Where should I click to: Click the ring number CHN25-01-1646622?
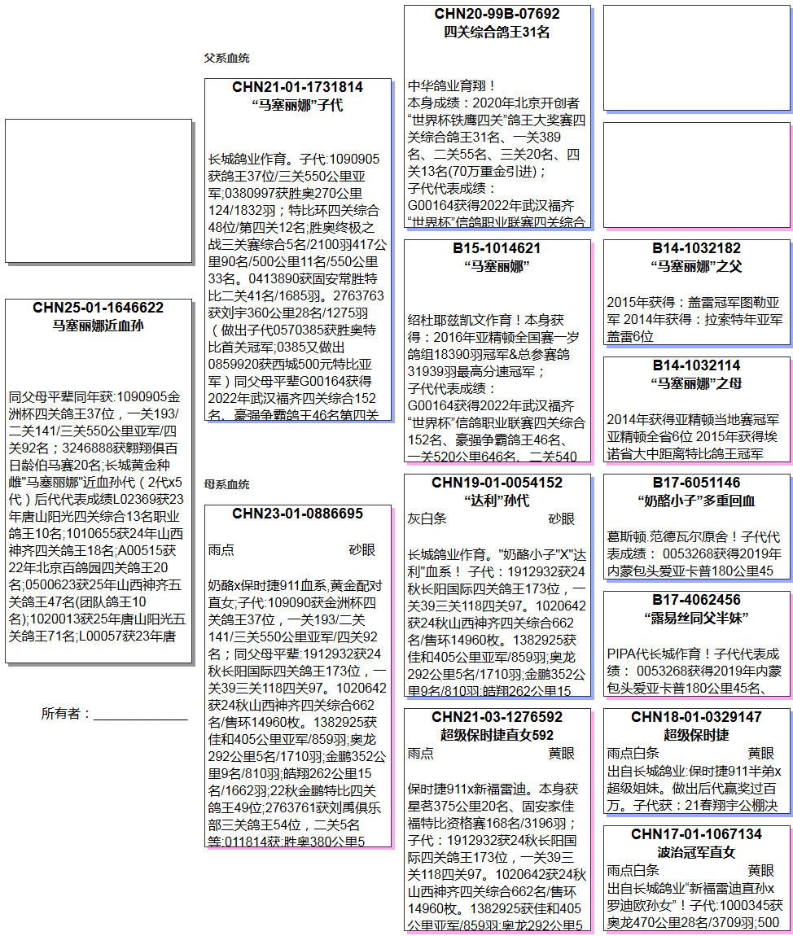(x=98, y=308)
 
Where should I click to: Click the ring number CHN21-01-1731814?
(x=297, y=87)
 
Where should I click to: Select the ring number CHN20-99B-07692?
(x=497, y=14)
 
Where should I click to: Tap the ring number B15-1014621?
(x=497, y=248)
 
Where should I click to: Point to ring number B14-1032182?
(x=696, y=248)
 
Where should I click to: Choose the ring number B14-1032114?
(x=696, y=365)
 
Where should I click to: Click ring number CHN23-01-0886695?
(x=297, y=514)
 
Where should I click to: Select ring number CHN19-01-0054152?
(x=497, y=483)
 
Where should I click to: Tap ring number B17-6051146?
(x=696, y=483)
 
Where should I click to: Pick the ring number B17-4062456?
(x=696, y=600)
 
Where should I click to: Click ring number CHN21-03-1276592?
(x=497, y=717)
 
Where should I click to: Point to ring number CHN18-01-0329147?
(x=696, y=717)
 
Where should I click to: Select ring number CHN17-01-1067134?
(x=696, y=834)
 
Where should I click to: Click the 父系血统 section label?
(x=226, y=59)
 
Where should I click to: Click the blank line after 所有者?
(x=140, y=715)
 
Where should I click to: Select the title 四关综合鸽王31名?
(x=497, y=33)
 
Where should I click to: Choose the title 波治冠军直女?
(x=696, y=852)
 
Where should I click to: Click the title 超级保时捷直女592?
(x=497, y=735)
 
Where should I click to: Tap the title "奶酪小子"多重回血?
(x=696, y=501)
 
